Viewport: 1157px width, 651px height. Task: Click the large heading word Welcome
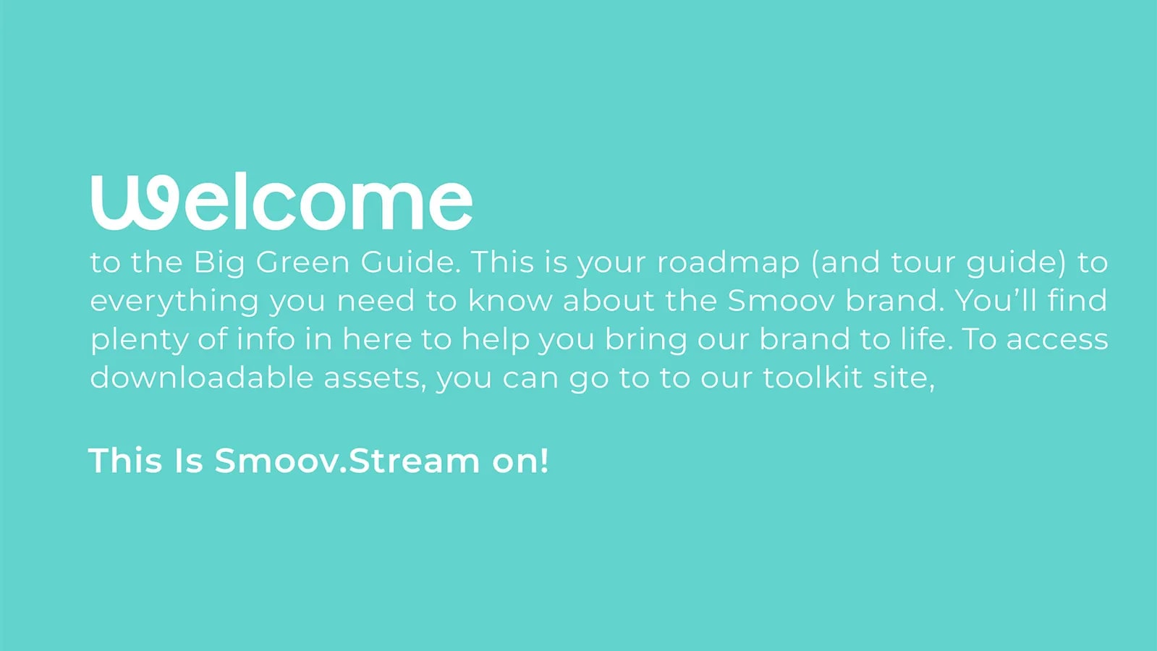281,201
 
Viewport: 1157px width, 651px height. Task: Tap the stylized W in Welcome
135,203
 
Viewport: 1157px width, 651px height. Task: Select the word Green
302,262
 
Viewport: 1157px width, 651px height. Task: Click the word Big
219,263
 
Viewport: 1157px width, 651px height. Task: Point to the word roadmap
729,263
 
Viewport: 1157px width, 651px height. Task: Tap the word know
510,300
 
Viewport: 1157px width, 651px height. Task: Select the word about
609,300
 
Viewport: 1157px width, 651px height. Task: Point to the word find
1077,300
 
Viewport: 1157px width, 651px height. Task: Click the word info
266,339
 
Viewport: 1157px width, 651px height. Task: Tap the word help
496,341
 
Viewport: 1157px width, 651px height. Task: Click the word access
1057,341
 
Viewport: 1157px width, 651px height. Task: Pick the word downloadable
202,378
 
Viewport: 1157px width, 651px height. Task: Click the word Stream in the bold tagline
414,461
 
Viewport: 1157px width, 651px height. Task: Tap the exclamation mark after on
543,461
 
